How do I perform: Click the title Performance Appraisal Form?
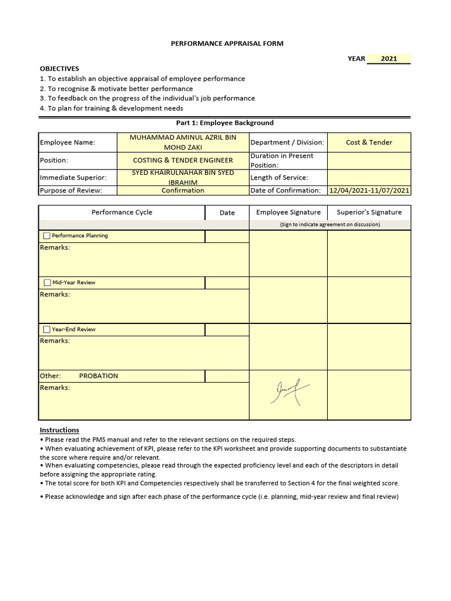218,43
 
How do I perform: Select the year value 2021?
389,59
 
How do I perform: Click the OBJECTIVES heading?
59,69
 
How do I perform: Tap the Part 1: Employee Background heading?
225,123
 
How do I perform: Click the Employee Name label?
68,143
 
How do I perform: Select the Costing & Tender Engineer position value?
183,160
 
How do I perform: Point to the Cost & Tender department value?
369,143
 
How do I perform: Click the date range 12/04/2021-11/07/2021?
369,190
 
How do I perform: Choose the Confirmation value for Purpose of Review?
183,190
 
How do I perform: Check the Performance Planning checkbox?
47,236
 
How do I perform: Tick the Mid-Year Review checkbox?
47,283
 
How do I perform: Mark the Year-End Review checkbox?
47,330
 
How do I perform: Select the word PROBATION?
99,376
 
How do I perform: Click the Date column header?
227,212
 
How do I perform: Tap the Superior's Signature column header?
369,212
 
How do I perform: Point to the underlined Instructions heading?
59,430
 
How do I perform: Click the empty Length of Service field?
369,177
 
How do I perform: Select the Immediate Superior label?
72,177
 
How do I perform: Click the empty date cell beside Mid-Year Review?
227,283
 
